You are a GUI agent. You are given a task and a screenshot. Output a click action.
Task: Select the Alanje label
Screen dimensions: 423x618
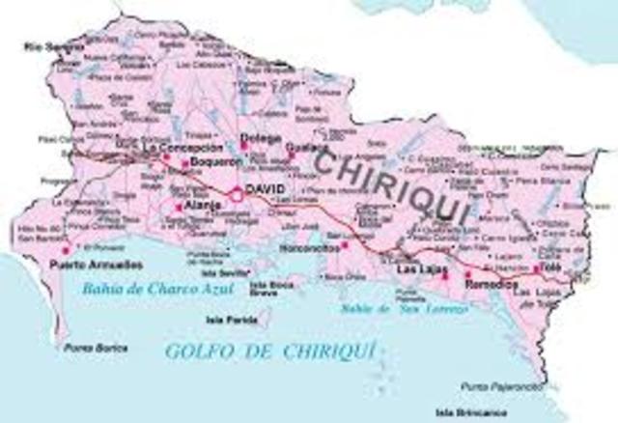pyautogui.click(x=199, y=206)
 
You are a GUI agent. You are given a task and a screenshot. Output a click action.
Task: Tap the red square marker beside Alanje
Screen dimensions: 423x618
pyautogui.click(x=179, y=207)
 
